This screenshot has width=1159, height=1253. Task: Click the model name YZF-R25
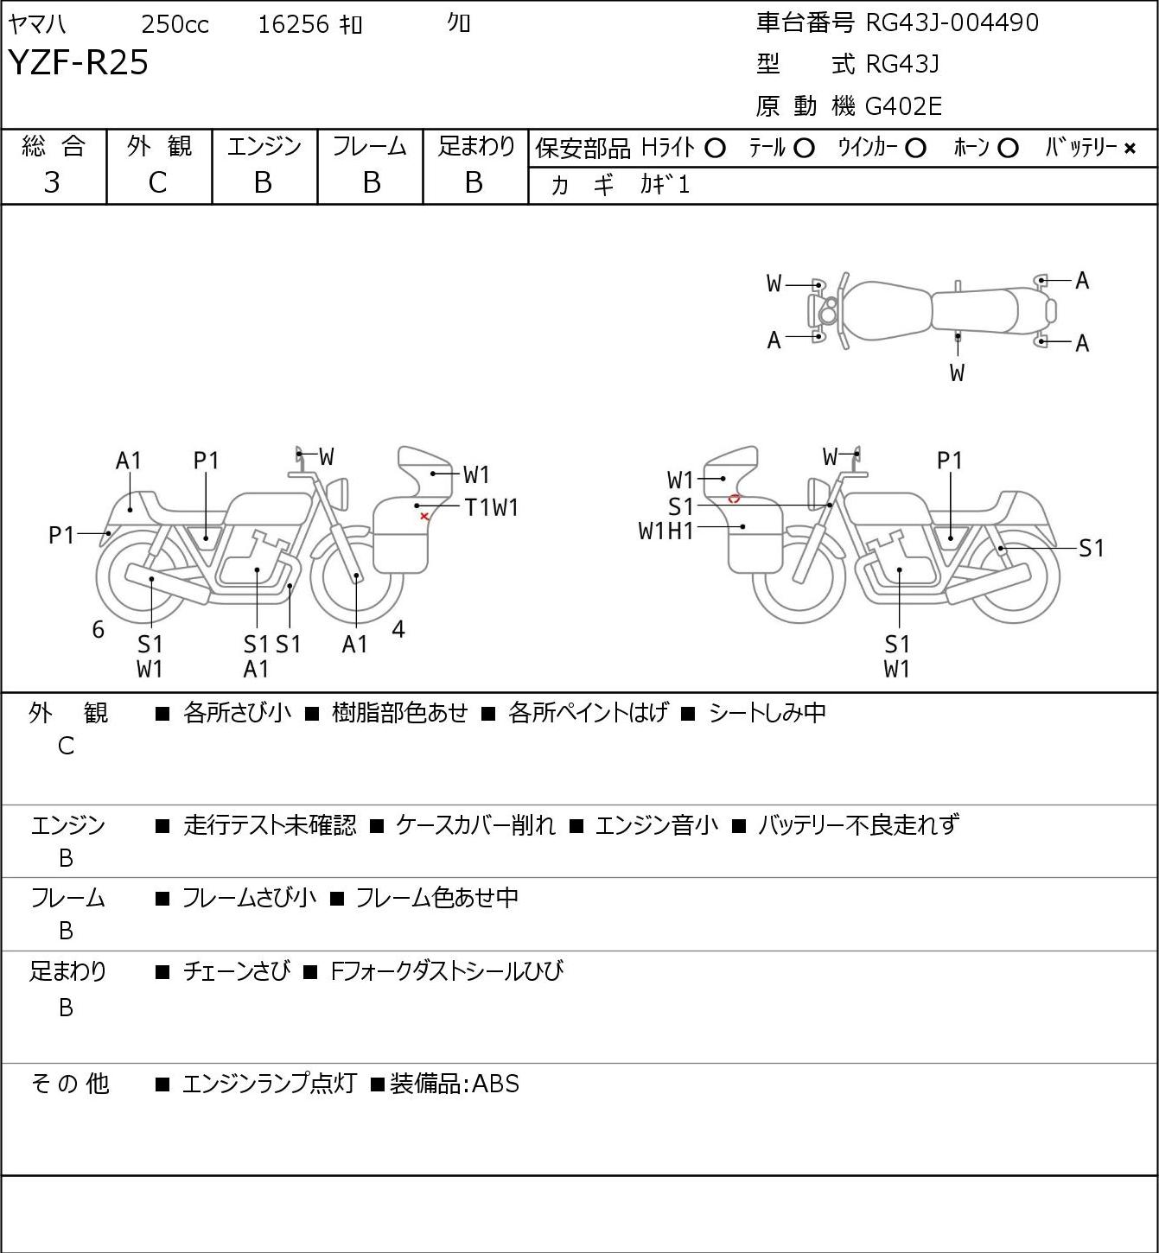click(x=79, y=62)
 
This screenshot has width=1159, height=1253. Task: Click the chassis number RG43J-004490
click(x=952, y=22)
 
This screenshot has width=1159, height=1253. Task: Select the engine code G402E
click(x=903, y=106)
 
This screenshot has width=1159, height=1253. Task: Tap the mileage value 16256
click(x=294, y=24)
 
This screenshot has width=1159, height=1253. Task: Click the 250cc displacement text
click(x=175, y=24)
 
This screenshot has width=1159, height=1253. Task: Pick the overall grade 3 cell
click(x=52, y=182)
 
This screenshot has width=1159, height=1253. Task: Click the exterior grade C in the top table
click(x=158, y=182)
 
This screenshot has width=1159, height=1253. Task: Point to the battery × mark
click(x=1130, y=149)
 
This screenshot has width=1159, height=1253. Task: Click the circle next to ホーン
click(x=1008, y=149)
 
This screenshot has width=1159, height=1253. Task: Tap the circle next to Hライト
click(x=715, y=149)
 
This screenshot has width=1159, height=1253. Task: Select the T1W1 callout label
click(x=491, y=507)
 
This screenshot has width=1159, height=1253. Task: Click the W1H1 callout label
click(x=666, y=531)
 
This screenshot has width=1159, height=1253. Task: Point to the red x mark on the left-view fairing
click(x=424, y=517)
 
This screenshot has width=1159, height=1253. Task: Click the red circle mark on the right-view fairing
click(x=734, y=499)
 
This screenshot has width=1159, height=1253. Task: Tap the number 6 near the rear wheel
click(x=98, y=629)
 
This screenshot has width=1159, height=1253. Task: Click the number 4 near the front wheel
click(x=398, y=628)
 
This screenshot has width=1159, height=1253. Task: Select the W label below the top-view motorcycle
click(x=957, y=372)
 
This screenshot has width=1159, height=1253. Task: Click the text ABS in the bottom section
click(x=495, y=1084)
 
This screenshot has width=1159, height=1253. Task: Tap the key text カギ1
click(x=665, y=185)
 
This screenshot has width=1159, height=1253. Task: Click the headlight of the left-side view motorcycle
click(x=338, y=494)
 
